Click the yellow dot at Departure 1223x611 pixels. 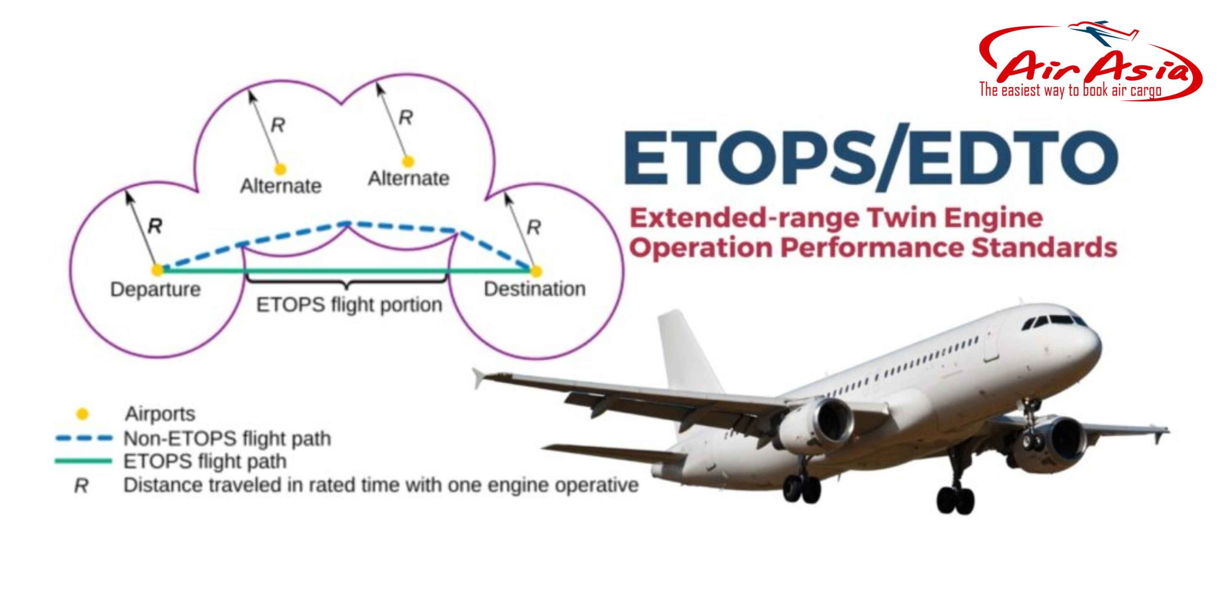(157, 270)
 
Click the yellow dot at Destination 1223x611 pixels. (536, 271)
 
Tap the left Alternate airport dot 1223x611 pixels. (280, 169)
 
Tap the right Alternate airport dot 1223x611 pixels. (408, 162)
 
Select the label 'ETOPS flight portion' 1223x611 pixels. (349, 305)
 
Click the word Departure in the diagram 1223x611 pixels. (155, 289)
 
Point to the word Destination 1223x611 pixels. (535, 289)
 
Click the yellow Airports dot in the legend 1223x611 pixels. (83, 414)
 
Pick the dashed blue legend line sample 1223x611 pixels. (84, 438)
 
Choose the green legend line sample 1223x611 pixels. (84, 461)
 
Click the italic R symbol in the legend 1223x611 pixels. (81, 486)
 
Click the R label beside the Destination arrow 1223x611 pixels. (533, 228)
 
